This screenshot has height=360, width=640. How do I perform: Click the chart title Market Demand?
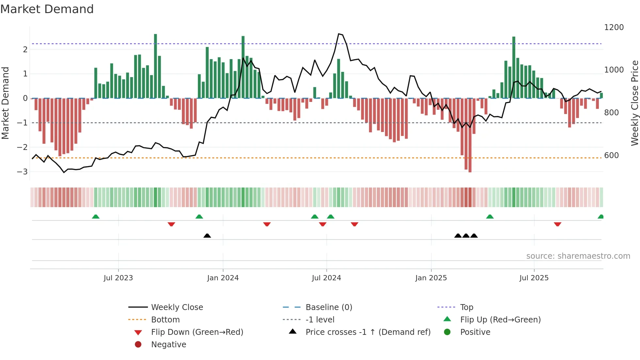coord(47,9)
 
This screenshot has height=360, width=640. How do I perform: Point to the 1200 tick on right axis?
coord(614,27)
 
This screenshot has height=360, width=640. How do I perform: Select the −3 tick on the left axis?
coord(22,172)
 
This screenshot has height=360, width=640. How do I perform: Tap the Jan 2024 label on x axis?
coord(223,278)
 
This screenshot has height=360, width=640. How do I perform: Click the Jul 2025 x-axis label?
coord(534,278)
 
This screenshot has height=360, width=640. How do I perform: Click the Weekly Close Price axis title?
coord(634,103)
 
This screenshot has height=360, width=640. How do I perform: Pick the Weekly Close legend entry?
coord(177,307)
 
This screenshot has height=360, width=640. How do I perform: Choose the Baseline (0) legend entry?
coord(328,307)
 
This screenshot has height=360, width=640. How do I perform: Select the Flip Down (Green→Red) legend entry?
coord(197,332)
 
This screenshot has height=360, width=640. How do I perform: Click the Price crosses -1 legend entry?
coord(368,332)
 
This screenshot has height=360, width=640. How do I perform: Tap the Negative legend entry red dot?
coord(138,345)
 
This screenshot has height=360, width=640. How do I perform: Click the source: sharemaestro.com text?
coord(578,256)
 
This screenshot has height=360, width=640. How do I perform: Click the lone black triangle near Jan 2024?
coord(207,236)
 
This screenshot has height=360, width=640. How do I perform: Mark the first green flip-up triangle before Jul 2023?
coord(96,217)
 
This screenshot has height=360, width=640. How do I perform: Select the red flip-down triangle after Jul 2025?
coord(557,224)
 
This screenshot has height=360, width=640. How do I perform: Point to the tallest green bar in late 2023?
coord(155,65)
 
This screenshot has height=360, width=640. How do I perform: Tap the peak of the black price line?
coord(339,34)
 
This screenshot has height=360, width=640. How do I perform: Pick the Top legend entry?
coord(466,307)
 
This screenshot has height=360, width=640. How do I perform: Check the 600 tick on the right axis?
coord(611,155)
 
